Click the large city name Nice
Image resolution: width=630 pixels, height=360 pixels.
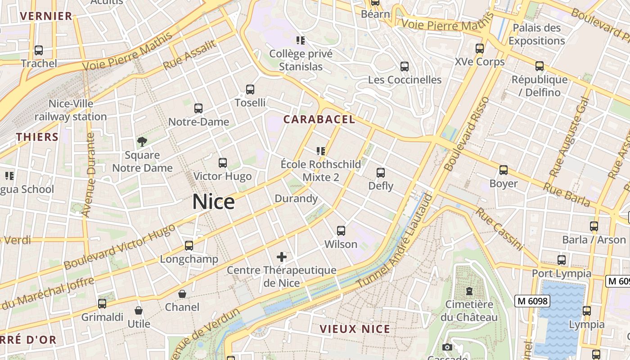pyautogui.click(x=213, y=202)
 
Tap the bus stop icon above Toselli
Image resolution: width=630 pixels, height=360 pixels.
pyautogui.click(x=250, y=90)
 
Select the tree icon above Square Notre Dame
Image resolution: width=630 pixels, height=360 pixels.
pyautogui.click(x=142, y=142)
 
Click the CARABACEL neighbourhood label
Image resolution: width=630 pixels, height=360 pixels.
pyautogui.click(x=319, y=120)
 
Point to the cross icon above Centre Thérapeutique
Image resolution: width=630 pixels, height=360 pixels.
pyautogui.click(x=282, y=257)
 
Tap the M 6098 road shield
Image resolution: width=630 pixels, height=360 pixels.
pyautogui.click(x=532, y=301)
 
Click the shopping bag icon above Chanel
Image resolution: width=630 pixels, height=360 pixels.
pyautogui.click(x=182, y=294)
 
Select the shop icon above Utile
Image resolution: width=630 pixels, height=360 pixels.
pyautogui.click(x=139, y=310)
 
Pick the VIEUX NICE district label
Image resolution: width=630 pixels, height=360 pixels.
pyautogui.click(x=355, y=329)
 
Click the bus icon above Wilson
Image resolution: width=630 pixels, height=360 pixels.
pyautogui.click(x=341, y=231)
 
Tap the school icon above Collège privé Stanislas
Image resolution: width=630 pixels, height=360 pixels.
pyautogui.click(x=301, y=40)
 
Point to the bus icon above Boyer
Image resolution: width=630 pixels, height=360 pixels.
pyautogui.click(x=504, y=170)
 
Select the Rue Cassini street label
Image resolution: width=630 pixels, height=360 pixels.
pyautogui.click(x=499, y=229)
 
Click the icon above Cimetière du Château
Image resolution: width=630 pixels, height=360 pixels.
pyautogui.click(x=469, y=291)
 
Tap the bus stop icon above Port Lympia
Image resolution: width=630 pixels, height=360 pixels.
pyautogui.click(x=562, y=260)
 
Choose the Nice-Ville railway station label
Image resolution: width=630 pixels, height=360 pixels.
pyautogui.click(x=71, y=110)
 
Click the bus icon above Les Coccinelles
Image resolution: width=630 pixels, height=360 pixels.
pyautogui.click(x=405, y=67)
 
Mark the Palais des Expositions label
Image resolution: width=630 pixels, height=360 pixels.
pyautogui.click(x=536, y=34)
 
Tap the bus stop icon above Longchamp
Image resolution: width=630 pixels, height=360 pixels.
pyautogui.click(x=189, y=246)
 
